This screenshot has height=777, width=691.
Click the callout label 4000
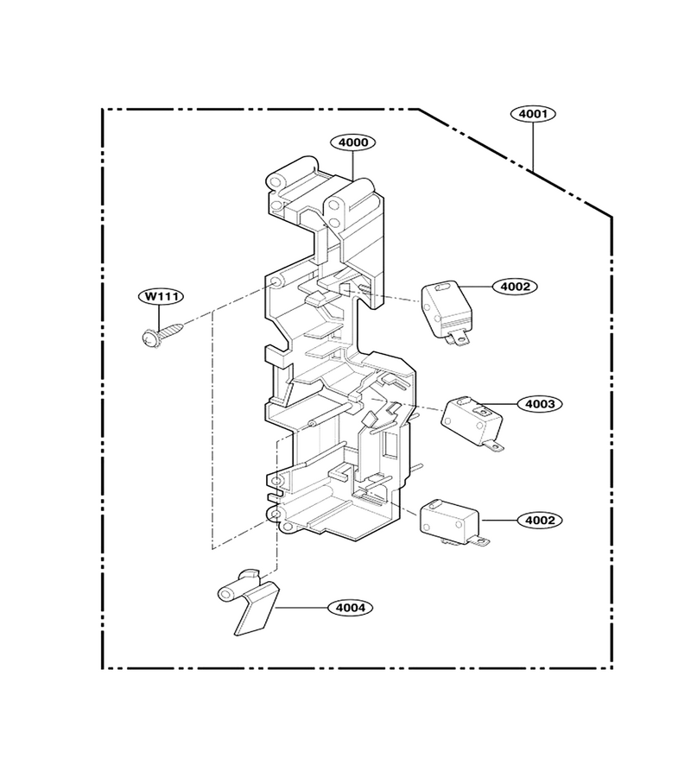click(x=353, y=142)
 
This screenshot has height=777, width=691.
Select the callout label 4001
click(x=533, y=114)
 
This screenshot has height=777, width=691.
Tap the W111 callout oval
click(x=161, y=297)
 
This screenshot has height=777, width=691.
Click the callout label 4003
click(x=540, y=404)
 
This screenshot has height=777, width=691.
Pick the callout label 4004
click(x=350, y=608)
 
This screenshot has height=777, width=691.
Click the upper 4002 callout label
click(x=515, y=287)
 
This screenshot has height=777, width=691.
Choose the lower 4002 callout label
click(x=540, y=521)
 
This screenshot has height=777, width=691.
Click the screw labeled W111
click(x=162, y=334)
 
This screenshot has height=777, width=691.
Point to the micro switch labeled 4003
click(x=472, y=423)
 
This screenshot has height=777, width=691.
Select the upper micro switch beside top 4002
click(x=447, y=311)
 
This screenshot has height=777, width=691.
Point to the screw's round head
click(x=149, y=338)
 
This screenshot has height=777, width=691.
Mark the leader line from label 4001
click(x=534, y=147)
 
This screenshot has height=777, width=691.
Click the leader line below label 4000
click(x=353, y=165)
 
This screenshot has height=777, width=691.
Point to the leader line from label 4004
click(x=301, y=608)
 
